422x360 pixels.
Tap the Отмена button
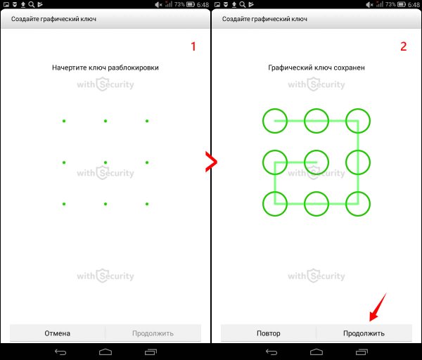pyautogui.click(x=58, y=333)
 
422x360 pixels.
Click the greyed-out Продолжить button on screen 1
pyautogui.click(x=153, y=333)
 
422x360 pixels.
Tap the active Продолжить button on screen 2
pyautogui.click(x=364, y=333)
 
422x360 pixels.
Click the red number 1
pyautogui.click(x=193, y=46)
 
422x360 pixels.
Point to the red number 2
pyautogui.click(x=404, y=46)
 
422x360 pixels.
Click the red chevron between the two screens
pyautogui.click(x=212, y=162)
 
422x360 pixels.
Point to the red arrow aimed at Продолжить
pyautogui.click(x=378, y=307)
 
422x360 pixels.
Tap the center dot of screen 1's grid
pyautogui.click(x=105, y=162)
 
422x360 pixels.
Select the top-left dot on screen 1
pyautogui.click(x=64, y=121)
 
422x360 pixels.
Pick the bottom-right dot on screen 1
pyautogui.click(x=147, y=204)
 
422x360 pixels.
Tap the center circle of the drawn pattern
pyautogui.click(x=316, y=150)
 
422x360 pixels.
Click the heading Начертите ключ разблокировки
pyautogui.click(x=105, y=67)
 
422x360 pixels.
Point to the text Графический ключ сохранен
pyautogui.click(x=316, y=67)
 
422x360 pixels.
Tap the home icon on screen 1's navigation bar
pyautogui.click(x=105, y=352)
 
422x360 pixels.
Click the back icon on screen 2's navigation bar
pyautogui.click(x=271, y=352)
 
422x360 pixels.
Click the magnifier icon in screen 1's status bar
pyautogui.click(x=32, y=4)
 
